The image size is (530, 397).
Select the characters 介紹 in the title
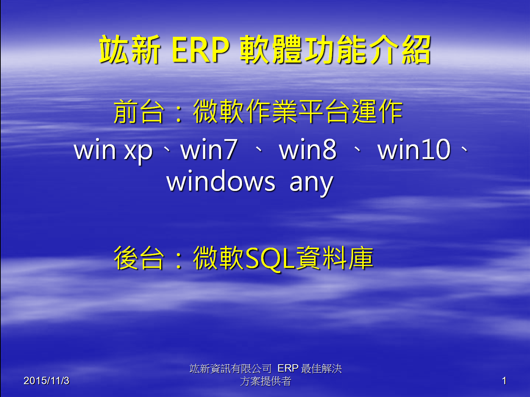click(x=399, y=50)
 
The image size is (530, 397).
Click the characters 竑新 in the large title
click(x=130, y=50)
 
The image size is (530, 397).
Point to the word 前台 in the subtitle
click(x=139, y=111)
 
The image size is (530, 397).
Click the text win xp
click(x=113, y=150)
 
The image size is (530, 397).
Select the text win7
click(x=209, y=150)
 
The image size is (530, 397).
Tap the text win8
click(x=307, y=150)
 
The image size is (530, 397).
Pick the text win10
click(x=414, y=150)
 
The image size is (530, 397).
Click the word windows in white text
click(x=221, y=181)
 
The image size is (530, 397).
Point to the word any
click(x=311, y=184)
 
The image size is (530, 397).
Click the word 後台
click(x=139, y=258)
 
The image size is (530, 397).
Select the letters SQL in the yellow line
click(x=270, y=258)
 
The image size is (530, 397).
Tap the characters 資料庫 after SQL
click(x=335, y=258)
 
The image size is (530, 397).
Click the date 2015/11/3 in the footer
click(x=46, y=380)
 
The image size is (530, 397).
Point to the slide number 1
click(x=504, y=381)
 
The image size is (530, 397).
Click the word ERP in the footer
click(x=288, y=368)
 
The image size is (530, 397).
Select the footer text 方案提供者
click(x=266, y=381)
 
